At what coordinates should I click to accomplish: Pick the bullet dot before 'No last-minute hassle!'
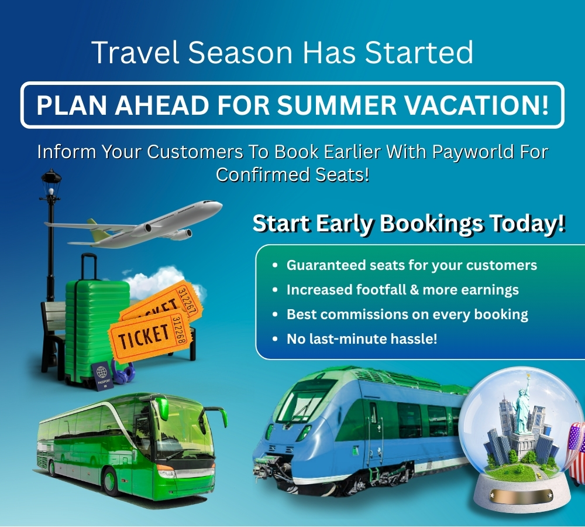[x=276, y=339]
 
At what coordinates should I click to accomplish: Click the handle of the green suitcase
[x=89, y=266]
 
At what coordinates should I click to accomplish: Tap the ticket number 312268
[x=179, y=329]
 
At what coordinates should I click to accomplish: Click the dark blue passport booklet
[x=102, y=376]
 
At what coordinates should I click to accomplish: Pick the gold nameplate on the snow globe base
[x=521, y=495]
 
